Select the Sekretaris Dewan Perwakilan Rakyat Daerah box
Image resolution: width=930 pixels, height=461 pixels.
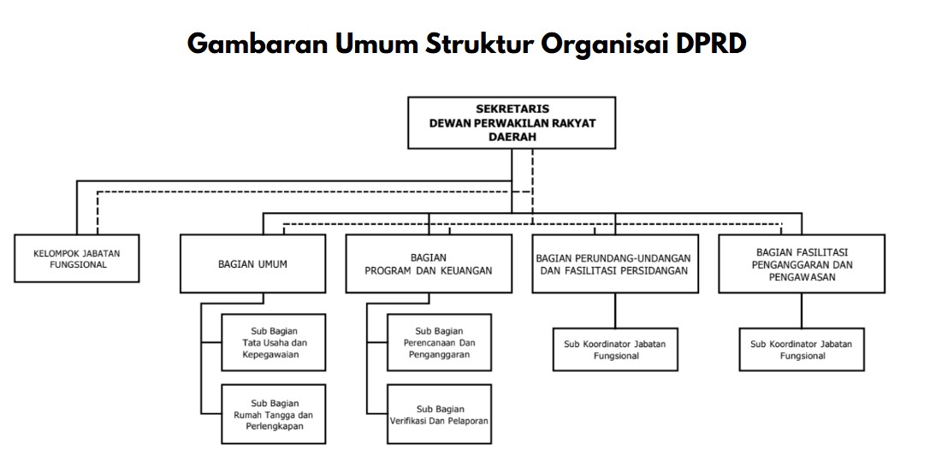tap(512, 123)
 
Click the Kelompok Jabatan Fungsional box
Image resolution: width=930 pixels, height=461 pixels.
tap(76, 258)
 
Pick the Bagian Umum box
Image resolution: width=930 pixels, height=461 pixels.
tap(252, 264)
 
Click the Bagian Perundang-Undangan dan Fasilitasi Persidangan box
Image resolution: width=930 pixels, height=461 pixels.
tap(613, 264)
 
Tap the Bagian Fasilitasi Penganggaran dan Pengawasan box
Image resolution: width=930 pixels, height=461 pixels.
tap(802, 264)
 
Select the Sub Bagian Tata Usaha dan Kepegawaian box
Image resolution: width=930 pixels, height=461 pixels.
tap(274, 343)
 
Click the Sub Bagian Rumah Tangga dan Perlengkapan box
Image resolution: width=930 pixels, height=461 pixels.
tap(274, 415)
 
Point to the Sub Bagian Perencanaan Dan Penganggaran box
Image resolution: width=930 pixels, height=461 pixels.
tap(440, 343)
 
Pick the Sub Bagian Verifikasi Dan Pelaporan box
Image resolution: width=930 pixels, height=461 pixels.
tap(440, 415)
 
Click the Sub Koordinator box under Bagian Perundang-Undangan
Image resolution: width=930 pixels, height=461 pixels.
tap(615, 350)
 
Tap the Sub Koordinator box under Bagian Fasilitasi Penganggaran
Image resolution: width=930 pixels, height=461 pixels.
tap(802, 350)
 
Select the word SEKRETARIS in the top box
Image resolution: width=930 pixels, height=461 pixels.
tap(512, 109)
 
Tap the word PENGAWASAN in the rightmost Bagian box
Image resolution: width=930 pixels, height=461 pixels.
tap(802, 278)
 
